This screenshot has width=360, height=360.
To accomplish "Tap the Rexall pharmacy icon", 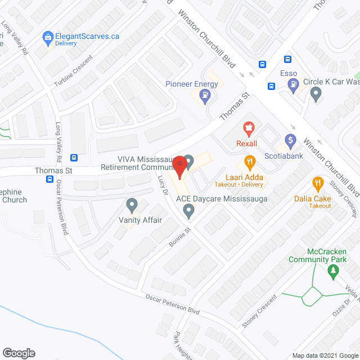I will point(246,129).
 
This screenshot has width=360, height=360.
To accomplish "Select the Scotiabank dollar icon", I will point(290,139).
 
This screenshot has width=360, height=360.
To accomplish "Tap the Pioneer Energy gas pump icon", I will point(205,95).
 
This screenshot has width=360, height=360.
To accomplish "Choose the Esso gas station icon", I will point(292,85).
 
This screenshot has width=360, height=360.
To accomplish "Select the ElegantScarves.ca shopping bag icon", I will point(48,37).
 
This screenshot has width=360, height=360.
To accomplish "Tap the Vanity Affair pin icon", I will point(132,204).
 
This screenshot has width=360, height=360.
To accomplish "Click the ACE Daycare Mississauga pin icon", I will point(189,211).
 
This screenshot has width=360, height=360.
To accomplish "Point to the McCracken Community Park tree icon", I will point(333,271).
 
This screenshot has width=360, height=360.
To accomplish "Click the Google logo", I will point(19,353).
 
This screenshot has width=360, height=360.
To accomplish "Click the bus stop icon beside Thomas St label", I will point(49,179).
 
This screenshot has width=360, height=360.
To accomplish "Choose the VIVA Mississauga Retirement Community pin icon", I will point(190,161).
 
